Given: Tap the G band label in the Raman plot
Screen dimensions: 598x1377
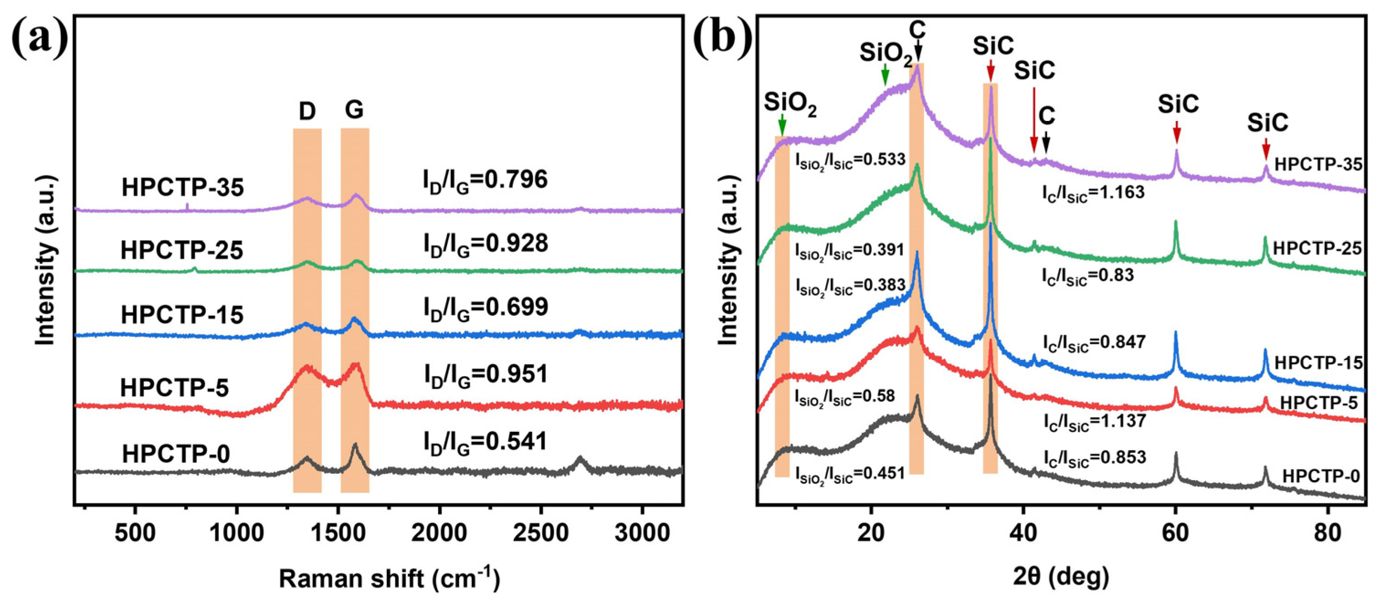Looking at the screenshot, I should pos(354,110).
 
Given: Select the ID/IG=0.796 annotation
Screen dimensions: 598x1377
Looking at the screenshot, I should pos(485,181).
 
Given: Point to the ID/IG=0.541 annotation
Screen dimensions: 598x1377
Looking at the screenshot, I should pos(485,443).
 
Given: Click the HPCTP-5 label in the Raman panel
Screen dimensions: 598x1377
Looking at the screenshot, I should pos(174,388).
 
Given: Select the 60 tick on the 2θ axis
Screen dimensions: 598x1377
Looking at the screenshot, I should pos(1176,533).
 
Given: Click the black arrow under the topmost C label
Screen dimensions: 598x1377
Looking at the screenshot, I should pos(918,53).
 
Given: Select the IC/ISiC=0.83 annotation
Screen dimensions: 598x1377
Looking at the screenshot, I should pos(1087,276).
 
